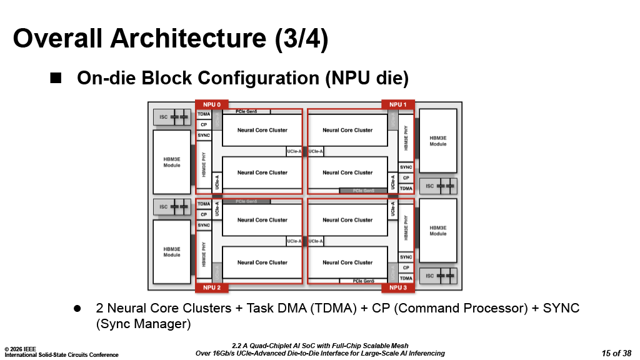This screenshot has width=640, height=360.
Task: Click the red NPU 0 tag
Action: pos(212,104)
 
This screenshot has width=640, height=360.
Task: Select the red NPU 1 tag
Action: pos(398,104)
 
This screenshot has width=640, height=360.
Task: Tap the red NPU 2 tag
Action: pos(212,287)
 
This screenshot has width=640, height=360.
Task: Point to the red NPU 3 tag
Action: pos(398,287)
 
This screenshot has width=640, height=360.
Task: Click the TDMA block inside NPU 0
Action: pos(204,114)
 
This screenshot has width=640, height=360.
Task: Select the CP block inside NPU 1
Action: pos(406,177)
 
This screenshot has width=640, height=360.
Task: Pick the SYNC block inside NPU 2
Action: pos(204,225)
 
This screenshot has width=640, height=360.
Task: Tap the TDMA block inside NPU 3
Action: pos(406,278)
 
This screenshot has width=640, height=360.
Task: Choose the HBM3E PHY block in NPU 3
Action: pos(406,228)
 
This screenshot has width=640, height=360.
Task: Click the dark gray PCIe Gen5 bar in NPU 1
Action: pos(363,190)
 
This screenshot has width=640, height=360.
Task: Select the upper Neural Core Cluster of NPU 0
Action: pos(262,130)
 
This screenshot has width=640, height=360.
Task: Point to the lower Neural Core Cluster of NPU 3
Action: pos(347,262)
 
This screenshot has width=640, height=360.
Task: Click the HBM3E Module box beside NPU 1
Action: pos(438,141)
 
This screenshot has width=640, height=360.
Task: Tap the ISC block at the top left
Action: pos(172,117)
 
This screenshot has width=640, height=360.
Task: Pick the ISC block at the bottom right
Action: pos(438,276)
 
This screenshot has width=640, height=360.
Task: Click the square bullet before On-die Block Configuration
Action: pos(56,78)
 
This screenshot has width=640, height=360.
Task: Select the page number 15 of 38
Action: pos(616,353)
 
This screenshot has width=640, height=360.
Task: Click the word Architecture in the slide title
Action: pos(190,38)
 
